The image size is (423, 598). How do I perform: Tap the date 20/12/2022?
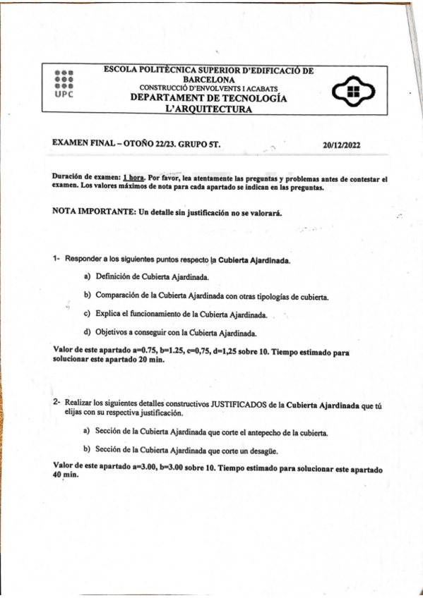(x=342, y=145)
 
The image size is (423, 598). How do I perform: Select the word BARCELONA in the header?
(x=209, y=80)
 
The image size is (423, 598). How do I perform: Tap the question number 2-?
(x=56, y=403)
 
